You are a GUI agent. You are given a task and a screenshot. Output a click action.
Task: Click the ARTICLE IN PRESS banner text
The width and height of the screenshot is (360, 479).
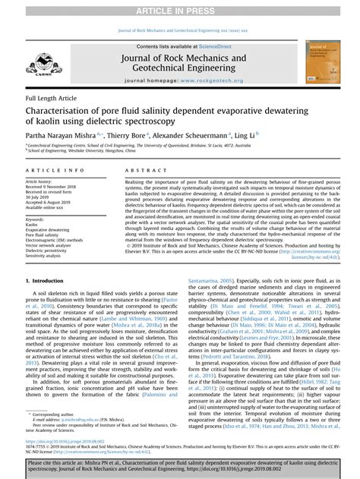(x=180, y=8)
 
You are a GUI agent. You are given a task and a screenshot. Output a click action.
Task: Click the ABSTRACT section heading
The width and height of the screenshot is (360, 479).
(x=142, y=172)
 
